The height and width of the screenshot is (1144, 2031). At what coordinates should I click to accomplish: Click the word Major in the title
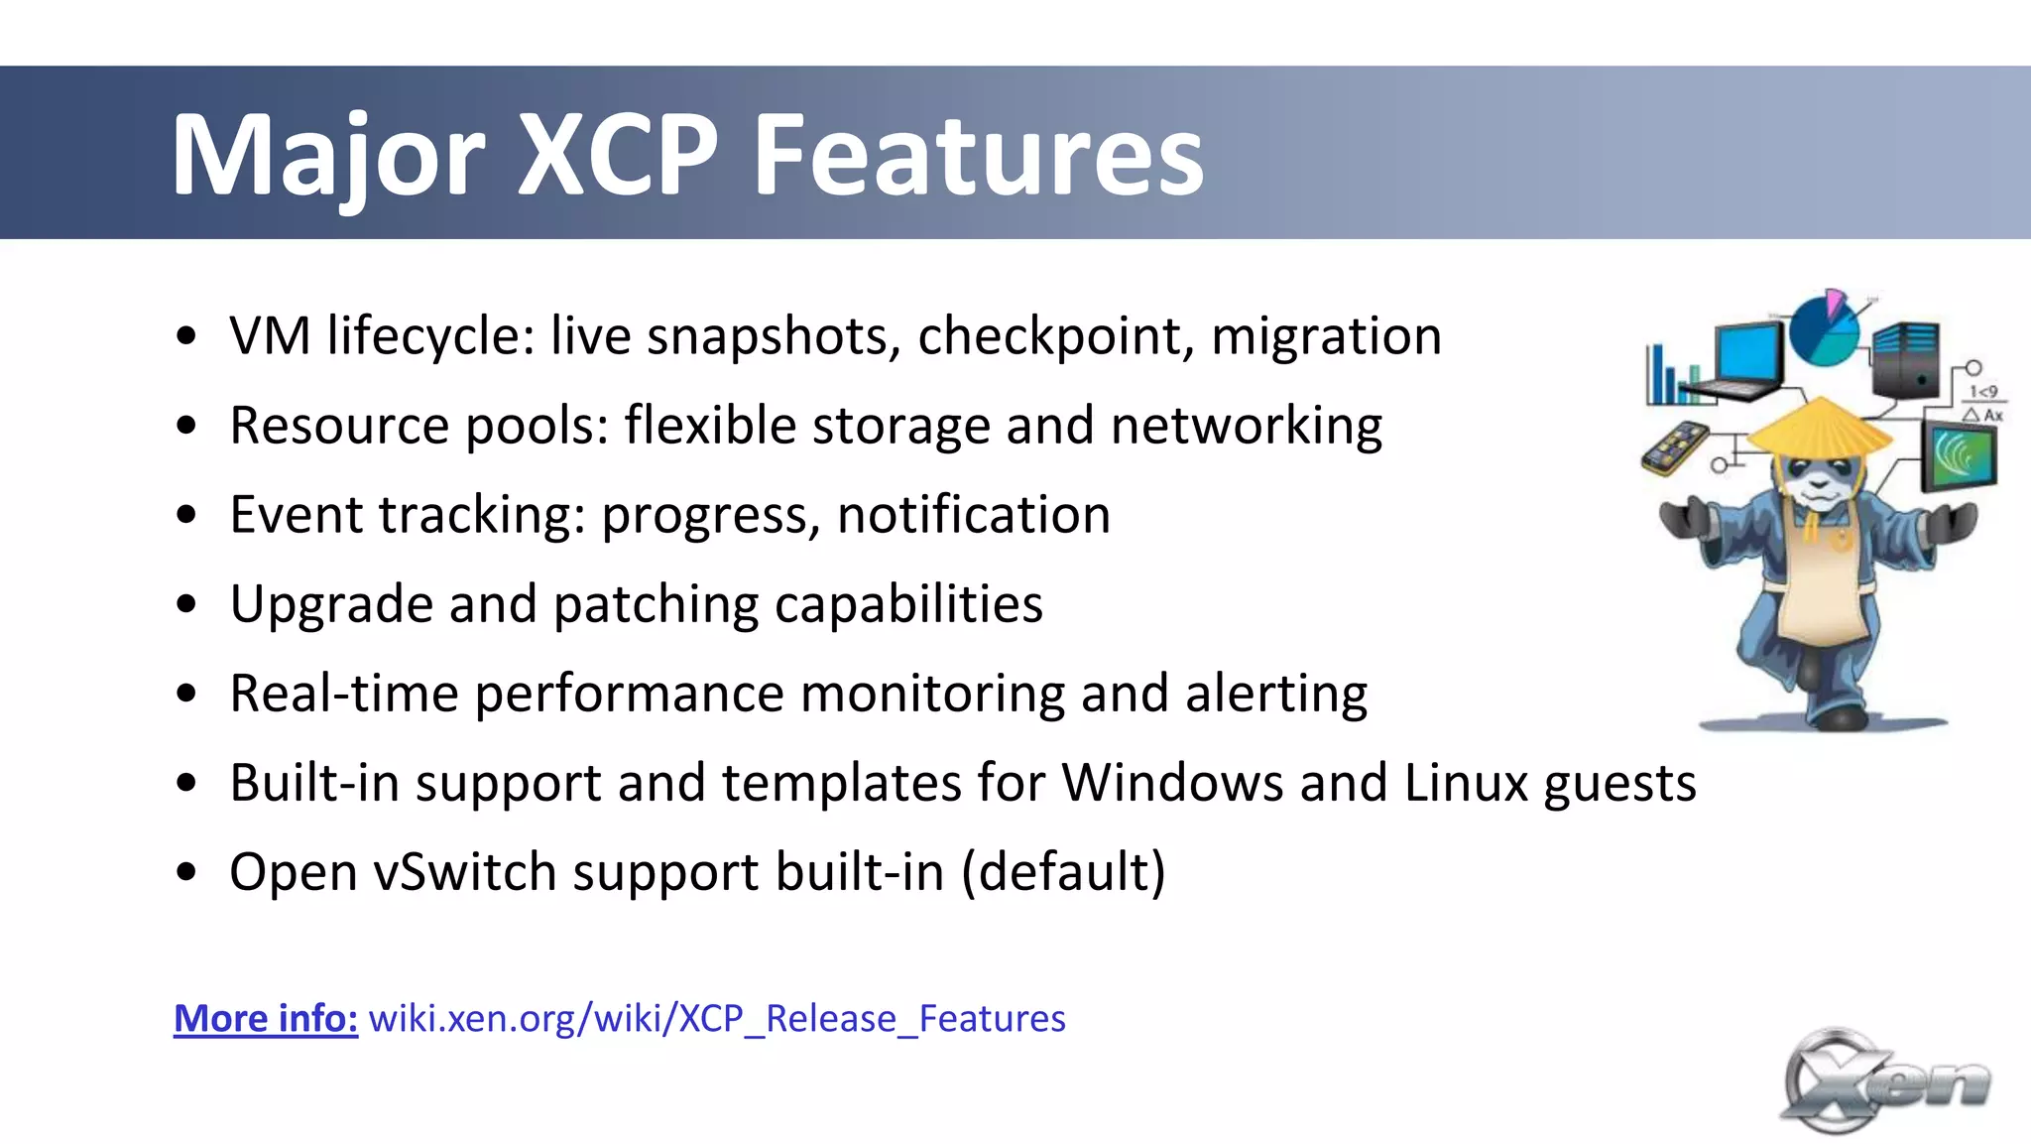click(327, 157)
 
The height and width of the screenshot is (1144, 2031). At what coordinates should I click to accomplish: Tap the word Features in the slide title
click(978, 155)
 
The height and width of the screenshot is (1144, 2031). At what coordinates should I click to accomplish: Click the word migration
click(1326, 336)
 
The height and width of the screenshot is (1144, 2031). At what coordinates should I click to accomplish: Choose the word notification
click(974, 515)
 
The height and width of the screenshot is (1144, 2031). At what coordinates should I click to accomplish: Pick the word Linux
click(1466, 783)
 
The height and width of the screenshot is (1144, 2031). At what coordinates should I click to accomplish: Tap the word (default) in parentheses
click(1063, 872)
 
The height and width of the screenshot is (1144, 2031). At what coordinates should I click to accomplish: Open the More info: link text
click(266, 1019)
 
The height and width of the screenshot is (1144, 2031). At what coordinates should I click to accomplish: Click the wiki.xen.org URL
click(717, 1019)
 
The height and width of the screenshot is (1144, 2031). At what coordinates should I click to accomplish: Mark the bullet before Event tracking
click(186, 515)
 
